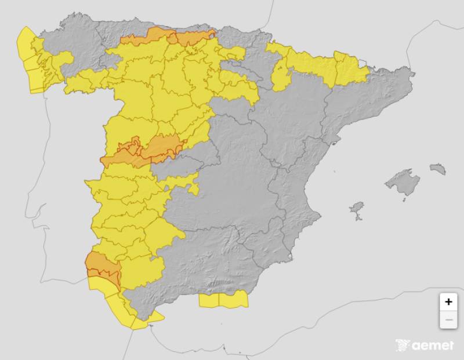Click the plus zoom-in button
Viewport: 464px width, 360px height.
pyautogui.click(x=448, y=302)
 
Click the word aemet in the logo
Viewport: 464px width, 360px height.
pyautogui.click(x=433, y=346)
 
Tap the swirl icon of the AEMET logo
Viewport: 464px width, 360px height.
pyautogui.click(x=403, y=346)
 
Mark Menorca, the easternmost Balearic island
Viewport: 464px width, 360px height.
pyautogui.click(x=438, y=169)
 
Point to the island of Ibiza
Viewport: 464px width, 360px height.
pyautogui.click(x=357, y=208)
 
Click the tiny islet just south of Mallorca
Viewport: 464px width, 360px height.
pyautogui.click(x=404, y=200)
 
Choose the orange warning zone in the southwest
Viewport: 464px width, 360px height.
pyautogui.click(x=102, y=265)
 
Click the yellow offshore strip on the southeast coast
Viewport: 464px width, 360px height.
pyautogui.click(x=223, y=300)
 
